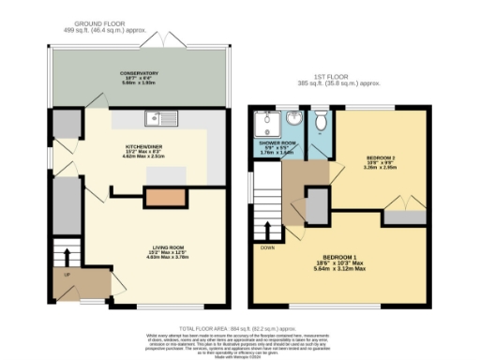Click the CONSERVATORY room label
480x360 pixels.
click(139, 73)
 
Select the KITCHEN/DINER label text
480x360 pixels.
click(145, 147)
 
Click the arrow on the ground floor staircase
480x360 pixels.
click(65, 255)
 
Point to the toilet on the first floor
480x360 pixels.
click(320, 120)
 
